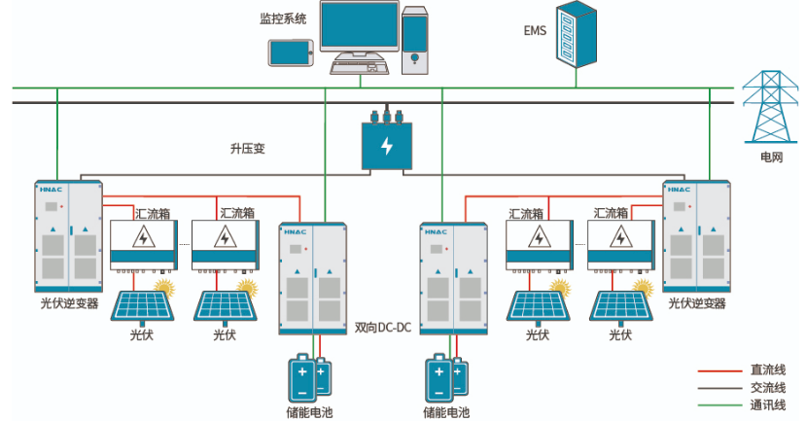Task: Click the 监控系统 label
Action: click(x=283, y=19)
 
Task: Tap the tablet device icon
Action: click(x=291, y=53)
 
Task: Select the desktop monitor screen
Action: click(x=360, y=24)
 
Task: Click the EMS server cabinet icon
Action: click(x=577, y=34)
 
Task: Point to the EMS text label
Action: click(x=535, y=31)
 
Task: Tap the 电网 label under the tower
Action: click(x=772, y=157)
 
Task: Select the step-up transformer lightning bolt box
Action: click(x=387, y=146)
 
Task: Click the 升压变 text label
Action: click(x=247, y=149)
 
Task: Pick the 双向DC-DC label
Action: click(x=383, y=328)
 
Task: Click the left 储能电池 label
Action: click(x=309, y=412)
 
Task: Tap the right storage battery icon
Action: click(x=446, y=378)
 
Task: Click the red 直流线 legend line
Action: click(x=720, y=370)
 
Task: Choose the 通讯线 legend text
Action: click(x=768, y=405)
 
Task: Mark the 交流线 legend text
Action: click(x=768, y=388)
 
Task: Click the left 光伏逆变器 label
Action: click(x=69, y=303)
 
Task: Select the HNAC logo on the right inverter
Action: click(x=679, y=190)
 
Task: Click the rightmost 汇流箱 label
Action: click(x=611, y=213)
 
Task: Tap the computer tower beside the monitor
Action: click(x=414, y=41)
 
